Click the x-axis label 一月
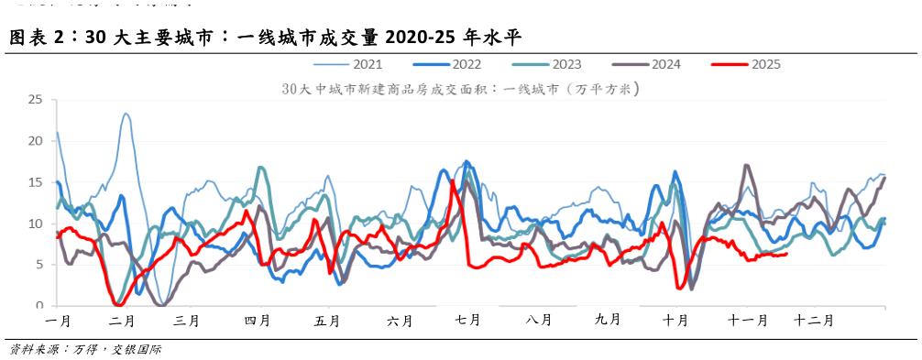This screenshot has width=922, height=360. (x=57, y=321)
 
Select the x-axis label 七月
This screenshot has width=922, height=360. (x=467, y=321)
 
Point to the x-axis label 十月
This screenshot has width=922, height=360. (x=675, y=321)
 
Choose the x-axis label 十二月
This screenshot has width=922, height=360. (x=814, y=321)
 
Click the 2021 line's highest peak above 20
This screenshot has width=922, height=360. (x=126, y=115)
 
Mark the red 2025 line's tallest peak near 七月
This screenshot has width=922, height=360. (x=453, y=180)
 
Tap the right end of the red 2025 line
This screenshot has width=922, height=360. (x=786, y=254)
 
